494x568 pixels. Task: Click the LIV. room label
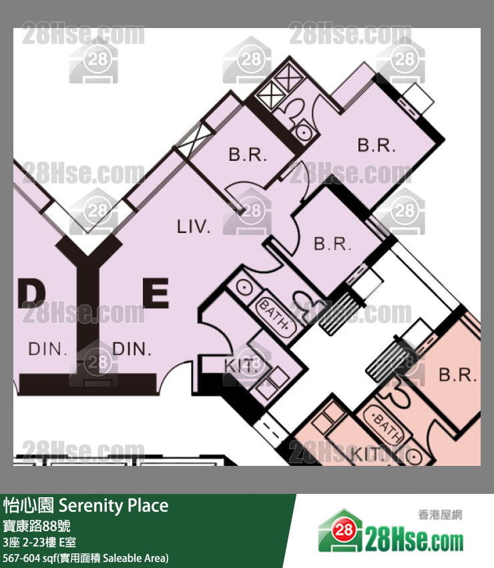coord(194,226)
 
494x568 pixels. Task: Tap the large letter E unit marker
coord(156,293)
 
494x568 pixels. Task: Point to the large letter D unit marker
coord(31,293)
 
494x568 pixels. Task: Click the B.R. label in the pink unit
coord(458,375)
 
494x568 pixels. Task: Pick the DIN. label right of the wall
coord(132,349)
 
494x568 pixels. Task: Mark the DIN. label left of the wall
coord(48,349)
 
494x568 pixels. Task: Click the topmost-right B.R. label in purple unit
coord(377,146)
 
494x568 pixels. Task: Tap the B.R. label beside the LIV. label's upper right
coord(248,154)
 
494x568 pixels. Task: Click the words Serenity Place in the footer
coord(113,506)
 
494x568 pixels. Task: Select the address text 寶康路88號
coord(37,526)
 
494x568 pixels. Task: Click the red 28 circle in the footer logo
coord(343,531)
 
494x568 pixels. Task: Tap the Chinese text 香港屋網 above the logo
coord(440,515)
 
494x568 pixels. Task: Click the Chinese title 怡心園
coord(28,505)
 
